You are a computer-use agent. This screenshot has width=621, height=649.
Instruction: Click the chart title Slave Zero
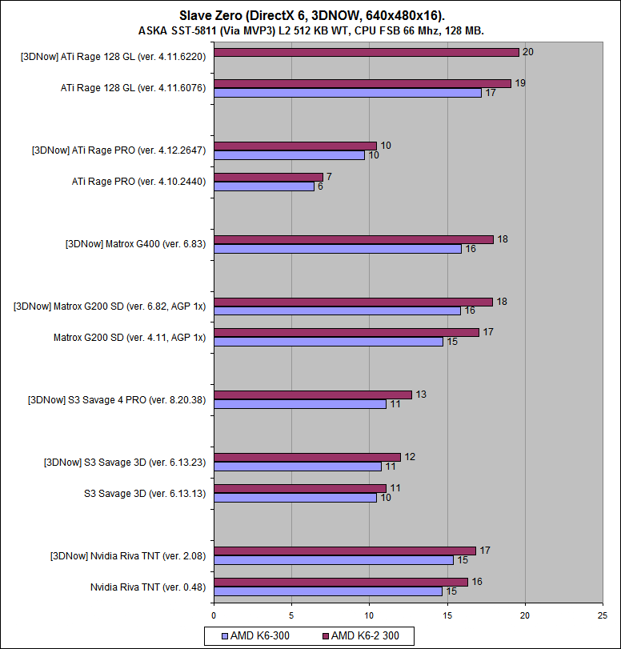(310, 15)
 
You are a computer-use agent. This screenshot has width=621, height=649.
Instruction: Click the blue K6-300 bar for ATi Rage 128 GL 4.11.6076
(347, 93)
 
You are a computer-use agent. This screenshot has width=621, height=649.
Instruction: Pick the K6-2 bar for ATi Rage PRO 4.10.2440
(268, 177)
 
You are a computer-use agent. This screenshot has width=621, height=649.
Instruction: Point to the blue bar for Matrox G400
(338, 249)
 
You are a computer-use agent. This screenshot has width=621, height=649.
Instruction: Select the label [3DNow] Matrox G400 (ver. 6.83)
(135, 244)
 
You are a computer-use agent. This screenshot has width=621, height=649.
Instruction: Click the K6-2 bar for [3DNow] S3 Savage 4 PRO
(313, 395)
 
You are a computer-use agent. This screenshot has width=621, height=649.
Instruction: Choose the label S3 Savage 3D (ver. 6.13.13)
(144, 493)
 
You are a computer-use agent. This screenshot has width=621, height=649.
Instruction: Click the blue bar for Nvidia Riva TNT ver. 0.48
(328, 591)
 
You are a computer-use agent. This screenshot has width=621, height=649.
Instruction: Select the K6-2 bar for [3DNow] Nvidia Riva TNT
(345, 551)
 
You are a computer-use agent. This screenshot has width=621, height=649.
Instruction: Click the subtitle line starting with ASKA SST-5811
(310, 30)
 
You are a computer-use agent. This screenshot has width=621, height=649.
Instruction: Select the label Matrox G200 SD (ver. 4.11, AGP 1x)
(129, 337)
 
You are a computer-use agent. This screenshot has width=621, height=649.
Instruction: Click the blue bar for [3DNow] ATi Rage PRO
(289, 155)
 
